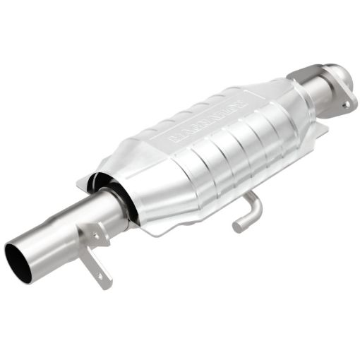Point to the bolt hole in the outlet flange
[346, 103]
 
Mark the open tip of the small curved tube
[238, 227]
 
